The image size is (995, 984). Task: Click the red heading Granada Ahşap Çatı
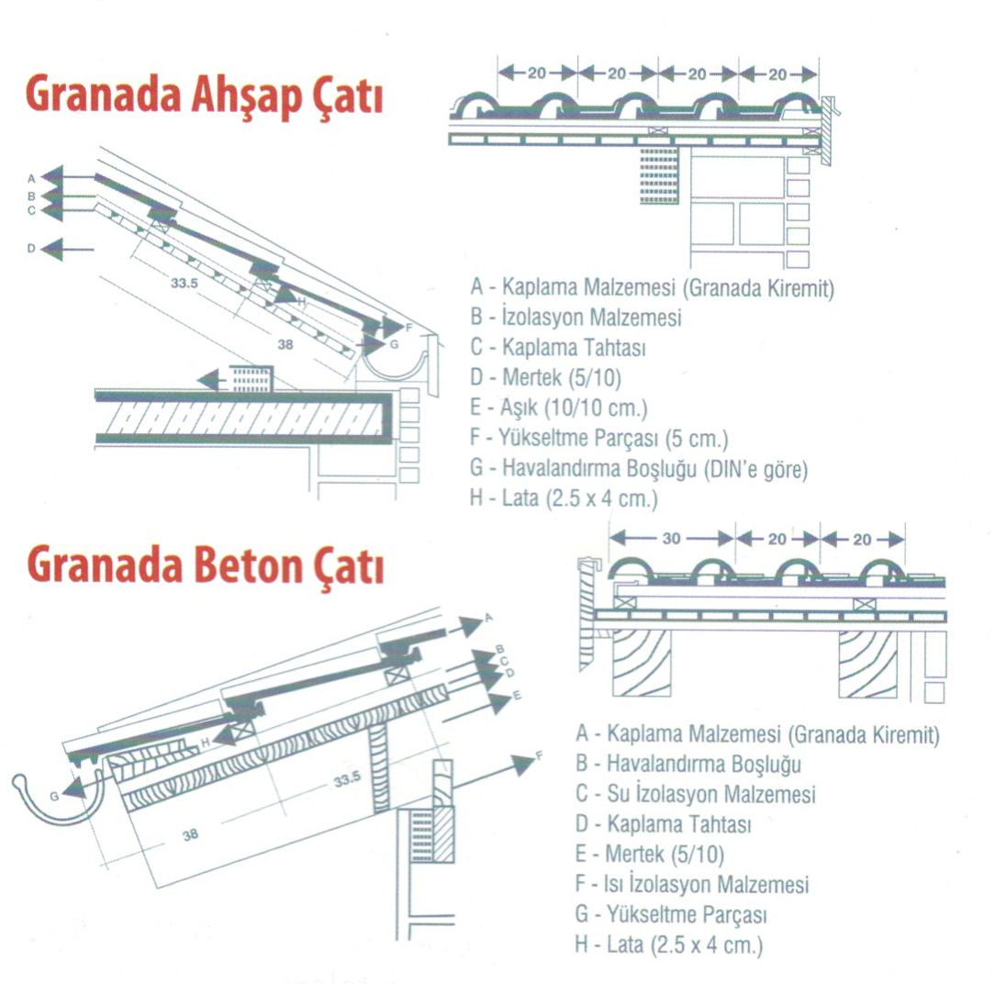pos(205,97)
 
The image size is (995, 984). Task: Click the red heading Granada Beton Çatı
pos(206,565)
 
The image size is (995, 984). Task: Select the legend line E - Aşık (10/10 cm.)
pos(558,408)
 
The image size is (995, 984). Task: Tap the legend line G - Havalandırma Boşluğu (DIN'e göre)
pos(638,469)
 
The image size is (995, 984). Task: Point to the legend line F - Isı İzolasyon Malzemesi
pos(692,884)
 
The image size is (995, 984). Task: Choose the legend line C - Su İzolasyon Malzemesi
pos(695,794)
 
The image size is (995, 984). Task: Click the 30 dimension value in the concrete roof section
pos(671,539)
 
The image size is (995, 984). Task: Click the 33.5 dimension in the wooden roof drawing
pos(184,283)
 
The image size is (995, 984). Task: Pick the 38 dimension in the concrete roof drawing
pos(190,835)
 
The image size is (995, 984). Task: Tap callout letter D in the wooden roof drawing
pos(31,249)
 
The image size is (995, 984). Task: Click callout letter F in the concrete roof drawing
pos(540,755)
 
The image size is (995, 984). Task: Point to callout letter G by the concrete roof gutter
pos(54,797)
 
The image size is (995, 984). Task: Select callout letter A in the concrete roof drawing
pos(488,618)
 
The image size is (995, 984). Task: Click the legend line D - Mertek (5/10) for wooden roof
pos(545,377)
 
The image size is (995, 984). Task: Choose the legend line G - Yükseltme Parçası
pos(671,915)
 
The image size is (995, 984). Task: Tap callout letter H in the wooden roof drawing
pos(301,302)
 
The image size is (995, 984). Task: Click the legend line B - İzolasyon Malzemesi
pos(576,317)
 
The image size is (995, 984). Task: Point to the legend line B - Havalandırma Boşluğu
pos(688,764)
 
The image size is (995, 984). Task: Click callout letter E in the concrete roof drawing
pos(517,696)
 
